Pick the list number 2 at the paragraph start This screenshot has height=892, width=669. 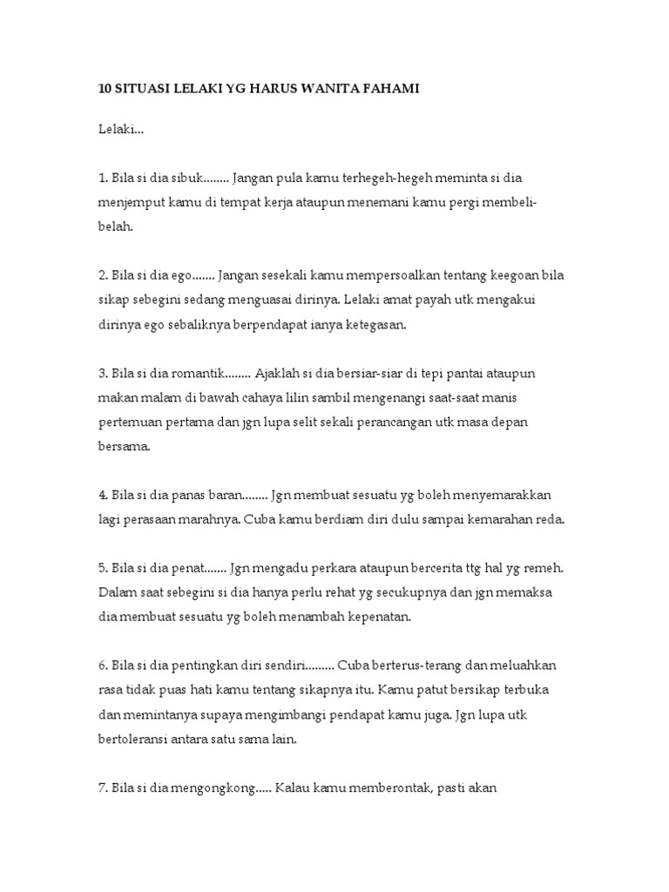(x=101, y=275)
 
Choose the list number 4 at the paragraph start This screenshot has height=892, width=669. (x=101, y=495)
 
